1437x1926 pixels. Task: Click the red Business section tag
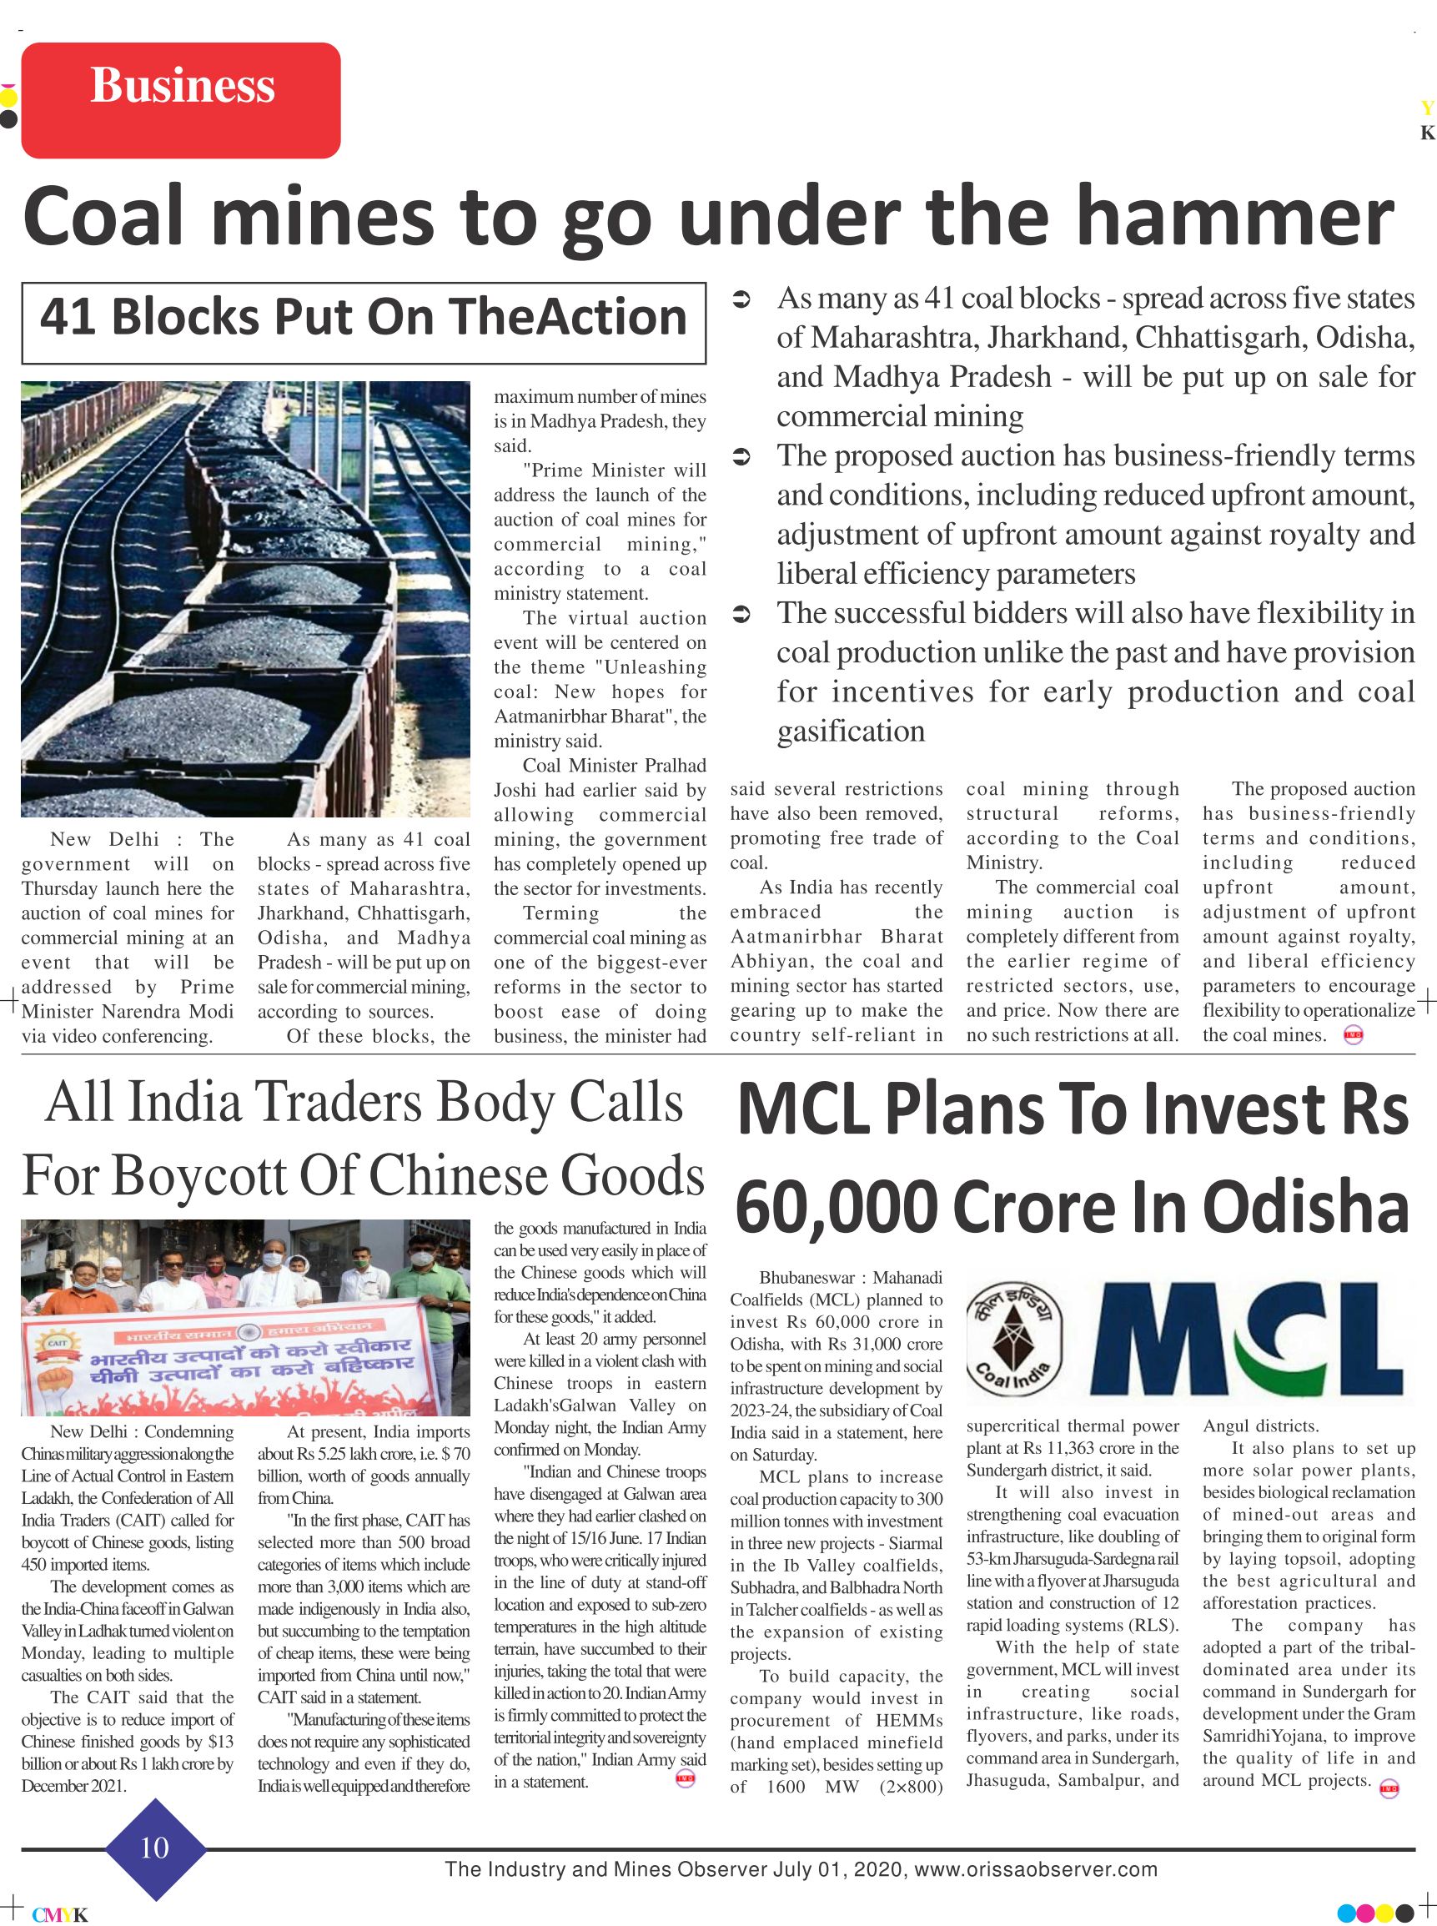181,100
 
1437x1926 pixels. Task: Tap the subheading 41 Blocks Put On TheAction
363,318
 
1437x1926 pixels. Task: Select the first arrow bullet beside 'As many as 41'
741,300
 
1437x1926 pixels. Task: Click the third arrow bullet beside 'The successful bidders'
741,615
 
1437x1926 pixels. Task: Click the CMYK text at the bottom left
60,1914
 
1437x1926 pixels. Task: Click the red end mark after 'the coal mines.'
1354,1035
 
